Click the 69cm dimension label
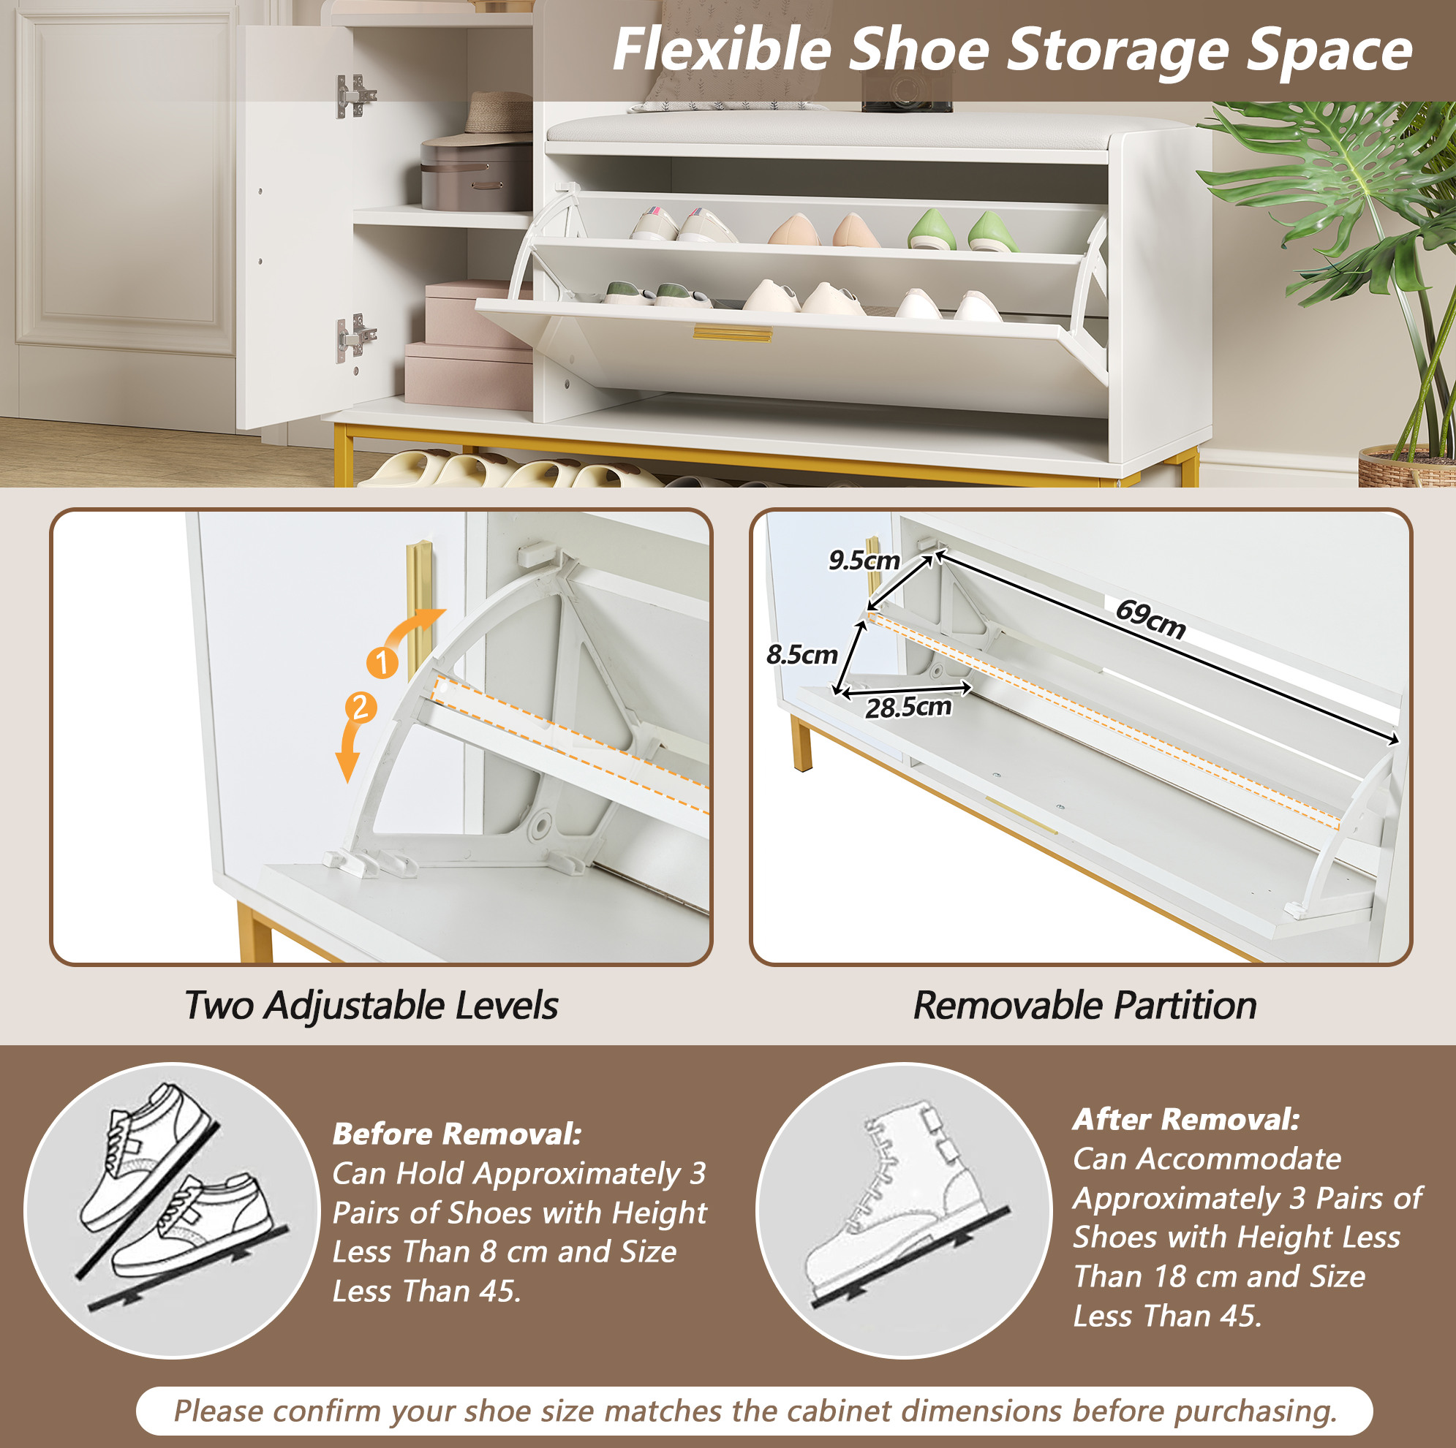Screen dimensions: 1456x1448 (x=1150, y=618)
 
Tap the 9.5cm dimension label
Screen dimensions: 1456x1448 (x=864, y=560)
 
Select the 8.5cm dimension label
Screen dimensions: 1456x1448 (x=801, y=654)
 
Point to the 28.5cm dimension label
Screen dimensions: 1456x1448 (x=908, y=707)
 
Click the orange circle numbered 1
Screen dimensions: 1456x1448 (x=382, y=662)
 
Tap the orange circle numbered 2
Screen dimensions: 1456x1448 (x=361, y=708)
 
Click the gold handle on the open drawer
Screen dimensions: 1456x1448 (x=733, y=334)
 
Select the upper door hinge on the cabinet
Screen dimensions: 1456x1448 (x=354, y=96)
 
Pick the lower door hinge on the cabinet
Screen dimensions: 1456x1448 (x=354, y=337)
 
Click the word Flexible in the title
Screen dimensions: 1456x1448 (x=721, y=50)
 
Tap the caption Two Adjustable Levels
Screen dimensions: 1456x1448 (x=371, y=1005)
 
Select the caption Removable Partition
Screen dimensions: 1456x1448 (x=1085, y=1005)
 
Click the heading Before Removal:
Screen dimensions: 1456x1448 (x=457, y=1133)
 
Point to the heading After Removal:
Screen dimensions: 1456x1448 (x=1186, y=1119)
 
